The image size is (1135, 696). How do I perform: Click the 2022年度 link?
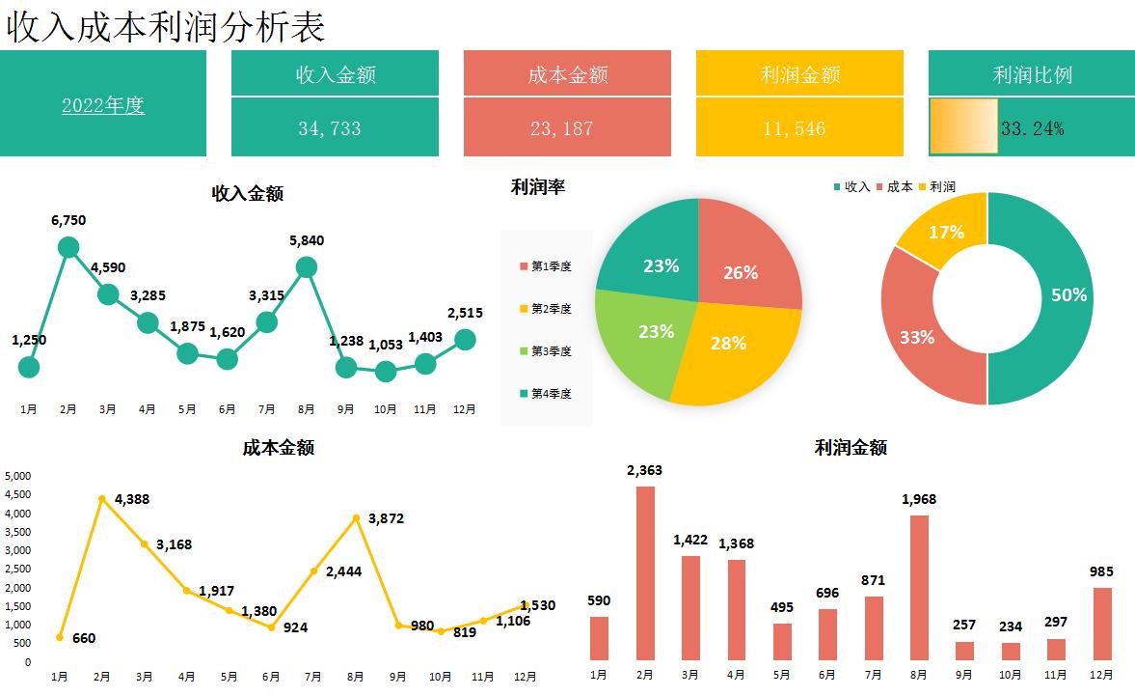coord(103,105)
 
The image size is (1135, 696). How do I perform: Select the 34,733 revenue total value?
coord(330,128)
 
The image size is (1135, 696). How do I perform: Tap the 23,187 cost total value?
coord(562,128)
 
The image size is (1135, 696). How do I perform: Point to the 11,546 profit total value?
coord(795,128)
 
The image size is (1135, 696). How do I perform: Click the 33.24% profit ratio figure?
coord(1033,128)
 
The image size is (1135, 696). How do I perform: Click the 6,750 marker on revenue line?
coord(68,247)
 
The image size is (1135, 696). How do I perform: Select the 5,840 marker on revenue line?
coord(307,267)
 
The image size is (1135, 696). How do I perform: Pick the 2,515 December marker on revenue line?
coord(465,339)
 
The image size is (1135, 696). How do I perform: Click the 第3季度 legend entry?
coord(546,351)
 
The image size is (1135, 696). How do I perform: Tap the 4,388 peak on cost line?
coord(102,498)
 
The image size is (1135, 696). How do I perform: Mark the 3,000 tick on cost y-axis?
coord(18,550)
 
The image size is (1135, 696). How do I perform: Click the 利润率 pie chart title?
coord(538,187)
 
